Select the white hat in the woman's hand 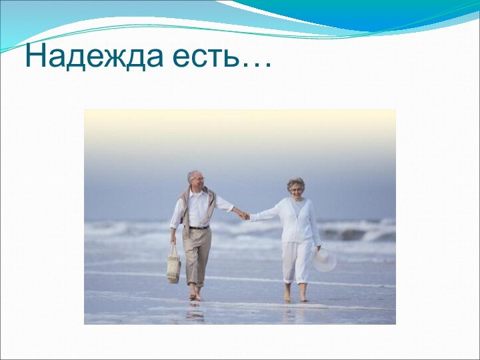325,259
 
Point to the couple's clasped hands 245,215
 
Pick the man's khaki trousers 197,257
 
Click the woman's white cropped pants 296,261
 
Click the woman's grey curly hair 296,181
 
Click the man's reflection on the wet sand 195,311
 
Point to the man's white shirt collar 195,191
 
